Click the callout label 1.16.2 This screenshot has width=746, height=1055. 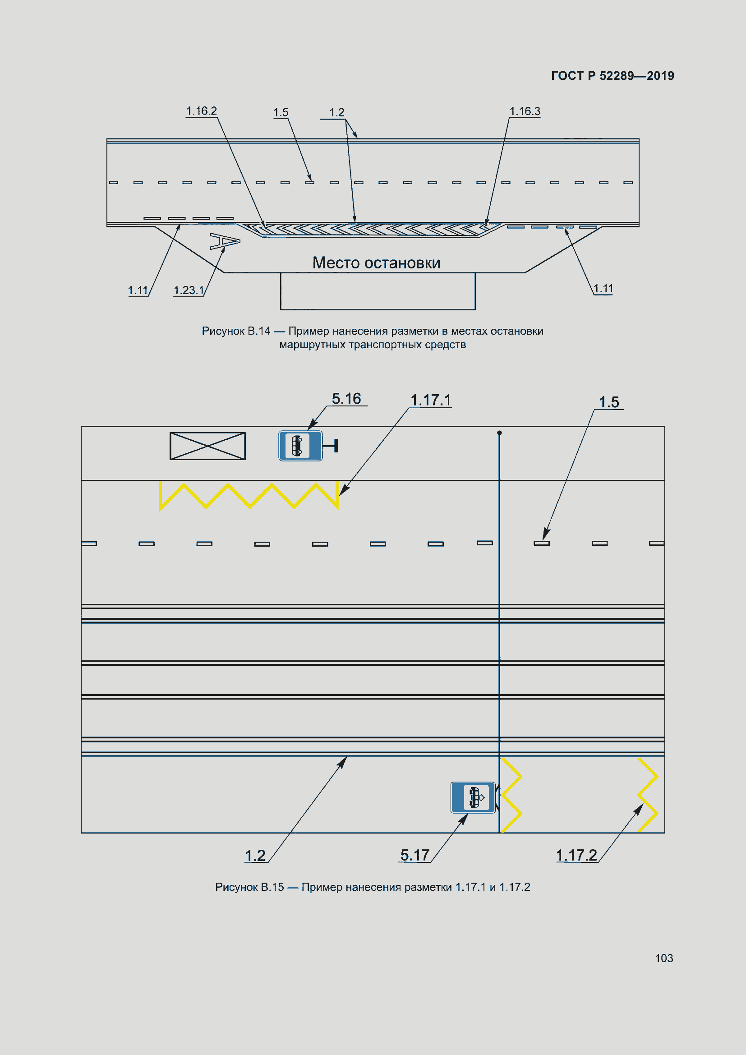click(x=201, y=111)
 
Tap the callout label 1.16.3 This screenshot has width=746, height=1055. click(x=525, y=111)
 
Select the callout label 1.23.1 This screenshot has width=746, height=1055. click(x=189, y=290)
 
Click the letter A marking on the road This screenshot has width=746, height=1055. click(x=225, y=241)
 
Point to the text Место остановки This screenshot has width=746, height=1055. click(x=376, y=263)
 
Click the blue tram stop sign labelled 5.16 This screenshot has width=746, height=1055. click(x=300, y=446)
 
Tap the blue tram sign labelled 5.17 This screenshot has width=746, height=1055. click(x=473, y=797)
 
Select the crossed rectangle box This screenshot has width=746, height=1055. click(x=207, y=446)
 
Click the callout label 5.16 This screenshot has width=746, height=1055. click(x=346, y=398)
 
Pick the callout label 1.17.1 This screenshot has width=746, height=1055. click(x=430, y=400)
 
